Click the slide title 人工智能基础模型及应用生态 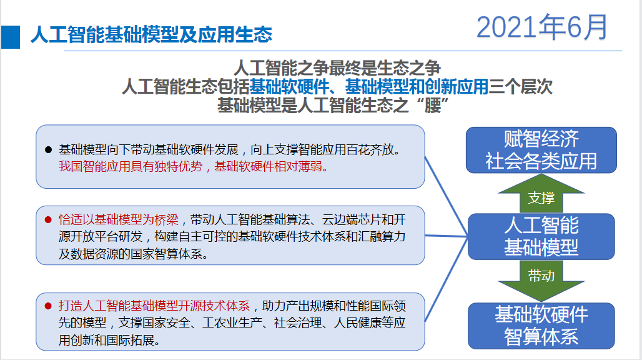point(151,34)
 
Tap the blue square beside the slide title point(11,36)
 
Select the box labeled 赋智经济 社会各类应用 point(541,150)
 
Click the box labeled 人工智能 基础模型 point(541,236)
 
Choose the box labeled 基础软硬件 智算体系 point(541,326)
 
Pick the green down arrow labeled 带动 point(541,276)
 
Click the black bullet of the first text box point(48,150)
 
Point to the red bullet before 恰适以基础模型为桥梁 point(48,220)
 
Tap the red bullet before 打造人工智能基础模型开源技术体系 point(48,306)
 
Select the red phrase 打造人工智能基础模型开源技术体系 point(154,306)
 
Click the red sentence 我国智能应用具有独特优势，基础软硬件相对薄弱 point(192,167)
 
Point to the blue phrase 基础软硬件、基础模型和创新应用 point(368,86)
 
